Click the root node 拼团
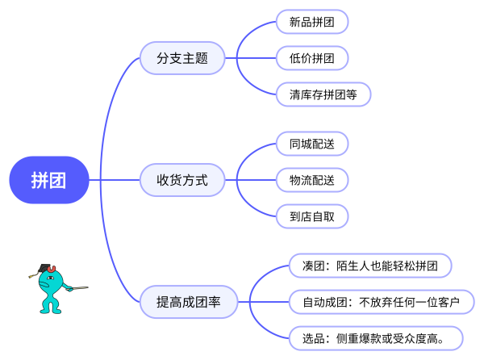(x=48, y=180)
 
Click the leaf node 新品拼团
(x=312, y=22)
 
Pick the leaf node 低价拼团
(x=312, y=58)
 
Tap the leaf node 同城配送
(x=312, y=144)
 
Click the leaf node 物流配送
(x=312, y=180)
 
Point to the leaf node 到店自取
(x=312, y=216)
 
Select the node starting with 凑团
(x=370, y=266)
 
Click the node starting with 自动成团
(x=381, y=303)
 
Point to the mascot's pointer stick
(x=77, y=287)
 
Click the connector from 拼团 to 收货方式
(x=113, y=180)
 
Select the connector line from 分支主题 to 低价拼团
(x=250, y=58)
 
